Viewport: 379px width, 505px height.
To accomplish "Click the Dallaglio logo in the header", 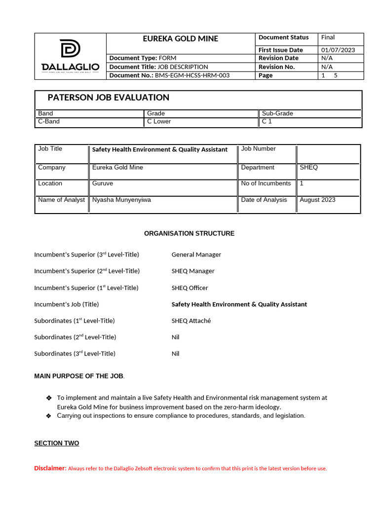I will point(70,56).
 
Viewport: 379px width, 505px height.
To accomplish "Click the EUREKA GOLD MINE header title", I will point(180,38).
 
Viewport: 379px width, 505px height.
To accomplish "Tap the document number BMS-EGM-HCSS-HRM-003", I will point(192,75).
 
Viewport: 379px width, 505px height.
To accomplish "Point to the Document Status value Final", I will point(328,37).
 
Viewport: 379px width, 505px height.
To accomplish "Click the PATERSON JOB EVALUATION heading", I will point(108,98).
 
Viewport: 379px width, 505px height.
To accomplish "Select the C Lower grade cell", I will point(159,121).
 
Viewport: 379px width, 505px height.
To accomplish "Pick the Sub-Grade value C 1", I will point(267,121).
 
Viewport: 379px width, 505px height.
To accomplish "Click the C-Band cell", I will point(49,121).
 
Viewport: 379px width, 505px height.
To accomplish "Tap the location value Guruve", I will point(102,183).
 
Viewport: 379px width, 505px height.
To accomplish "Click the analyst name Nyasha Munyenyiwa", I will point(121,200).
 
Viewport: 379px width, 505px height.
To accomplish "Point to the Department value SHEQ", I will point(309,168).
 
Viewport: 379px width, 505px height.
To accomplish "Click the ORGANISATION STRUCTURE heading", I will point(189,233).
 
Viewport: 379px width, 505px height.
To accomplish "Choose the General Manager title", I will point(196,254).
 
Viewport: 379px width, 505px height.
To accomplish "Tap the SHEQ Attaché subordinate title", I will point(191,321).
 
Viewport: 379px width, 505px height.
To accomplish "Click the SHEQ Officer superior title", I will point(189,288).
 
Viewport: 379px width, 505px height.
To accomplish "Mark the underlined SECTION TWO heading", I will point(56,443).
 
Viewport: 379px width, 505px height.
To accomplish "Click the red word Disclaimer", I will point(50,468).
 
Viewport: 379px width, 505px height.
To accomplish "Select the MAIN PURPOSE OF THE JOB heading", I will point(78,376).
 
